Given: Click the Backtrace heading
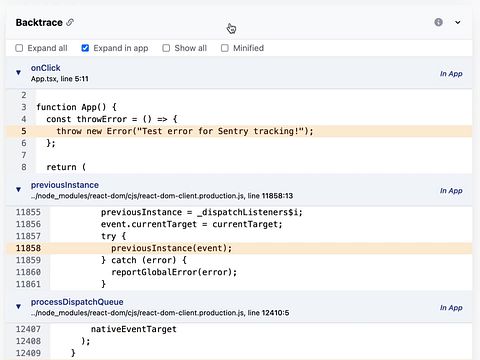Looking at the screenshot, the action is tap(39, 22).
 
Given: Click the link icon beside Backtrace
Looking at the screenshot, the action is tap(70, 22).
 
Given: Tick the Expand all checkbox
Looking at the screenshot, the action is tap(19, 48).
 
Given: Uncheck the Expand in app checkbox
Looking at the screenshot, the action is tap(85, 48).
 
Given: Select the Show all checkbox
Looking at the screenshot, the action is tap(166, 48).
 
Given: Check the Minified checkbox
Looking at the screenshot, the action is tap(225, 48).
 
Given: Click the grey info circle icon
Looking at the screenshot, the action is tap(439, 22).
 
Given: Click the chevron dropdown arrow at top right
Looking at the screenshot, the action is tap(458, 22).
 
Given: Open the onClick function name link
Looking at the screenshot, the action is tap(46, 68).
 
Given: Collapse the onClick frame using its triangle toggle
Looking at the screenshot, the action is tap(18, 72).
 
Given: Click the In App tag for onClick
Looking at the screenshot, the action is tap(451, 74).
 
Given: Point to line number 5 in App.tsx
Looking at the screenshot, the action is tap(24, 131).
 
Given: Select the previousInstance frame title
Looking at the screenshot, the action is tap(65, 185).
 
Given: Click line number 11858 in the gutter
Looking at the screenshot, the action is tap(28, 248).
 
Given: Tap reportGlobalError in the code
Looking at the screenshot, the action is tap(154, 272).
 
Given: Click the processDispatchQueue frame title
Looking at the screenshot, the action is tap(77, 302).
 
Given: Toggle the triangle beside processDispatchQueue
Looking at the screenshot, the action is tap(18, 306).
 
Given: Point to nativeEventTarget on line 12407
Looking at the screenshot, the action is tap(134, 329).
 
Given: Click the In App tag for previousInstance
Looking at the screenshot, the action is tap(451, 191).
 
